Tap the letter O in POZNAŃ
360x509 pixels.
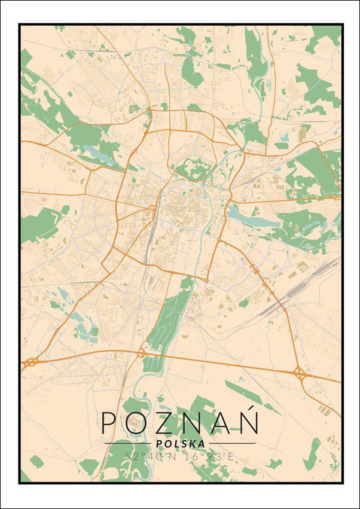coord(139,422)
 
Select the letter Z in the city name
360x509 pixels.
coord(168,422)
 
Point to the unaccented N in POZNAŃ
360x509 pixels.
coord(197,422)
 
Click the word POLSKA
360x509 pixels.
coord(179,443)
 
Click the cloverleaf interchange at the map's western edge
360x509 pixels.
coord(30,362)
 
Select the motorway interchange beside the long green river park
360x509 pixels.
coord(142,353)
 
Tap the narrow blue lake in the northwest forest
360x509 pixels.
coord(96,151)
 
